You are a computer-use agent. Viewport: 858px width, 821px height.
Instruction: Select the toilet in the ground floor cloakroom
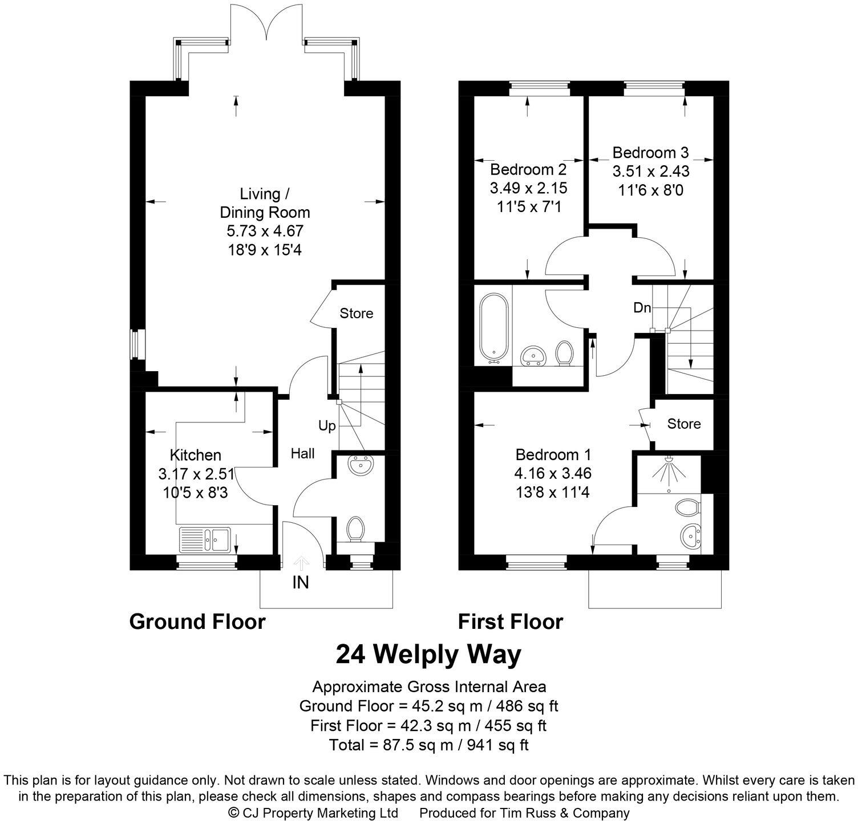pyautogui.click(x=357, y=529)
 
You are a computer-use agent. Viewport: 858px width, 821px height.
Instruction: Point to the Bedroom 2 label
pyautogui.click(x=528, y=169)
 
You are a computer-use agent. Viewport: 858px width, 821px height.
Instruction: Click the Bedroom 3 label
pyautogui.click(x=651, y=152)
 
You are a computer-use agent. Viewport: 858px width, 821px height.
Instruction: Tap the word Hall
pyautogui.click(x=302, y=453)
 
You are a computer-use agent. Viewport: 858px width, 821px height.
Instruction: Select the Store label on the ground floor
pyautogui.click(x=357, y=313)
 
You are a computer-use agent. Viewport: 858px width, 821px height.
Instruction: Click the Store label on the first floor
pyautogui.click(x=684, y=424)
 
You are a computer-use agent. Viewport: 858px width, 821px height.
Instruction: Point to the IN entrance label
pyautogui.click(x=301, y=583)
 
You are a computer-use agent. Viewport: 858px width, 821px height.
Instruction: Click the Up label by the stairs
pyautogui.click(x=327, y=426)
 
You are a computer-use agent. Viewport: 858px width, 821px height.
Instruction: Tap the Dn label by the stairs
pyautogui.click(x=642, y=308)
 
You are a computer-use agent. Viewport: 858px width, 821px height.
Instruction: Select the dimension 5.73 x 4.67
pyautogui.click(x=265, y=231)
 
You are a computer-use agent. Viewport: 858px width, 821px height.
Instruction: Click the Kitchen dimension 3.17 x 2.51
pyautogui.click(x=196, y=474)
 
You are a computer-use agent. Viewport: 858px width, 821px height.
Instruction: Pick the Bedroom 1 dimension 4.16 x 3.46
pyautogui.click(x=553, y=473)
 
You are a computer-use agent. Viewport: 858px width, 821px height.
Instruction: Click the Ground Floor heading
pyautogui.click(x=197, y=621)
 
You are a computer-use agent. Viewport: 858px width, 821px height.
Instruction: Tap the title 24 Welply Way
pyautogui.click(x=428, y=655)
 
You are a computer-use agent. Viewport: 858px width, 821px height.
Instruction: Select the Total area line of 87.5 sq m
pyautogui.click(x=429, y=745)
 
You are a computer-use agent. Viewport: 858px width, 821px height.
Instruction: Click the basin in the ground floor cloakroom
pyautogui.click(x=361, y=465)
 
